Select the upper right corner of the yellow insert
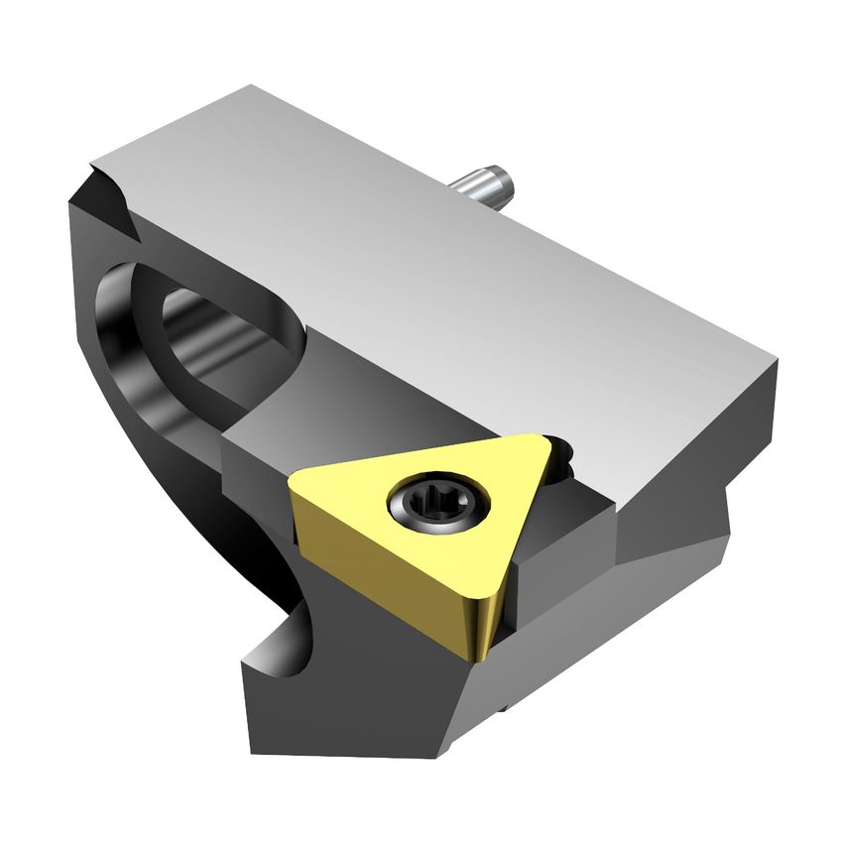pyautogui.click(x=544, y=442)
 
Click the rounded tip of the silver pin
pyautogui.click(x=506, y=181)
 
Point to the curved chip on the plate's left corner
pyautogui.click(x=109, y=188)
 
